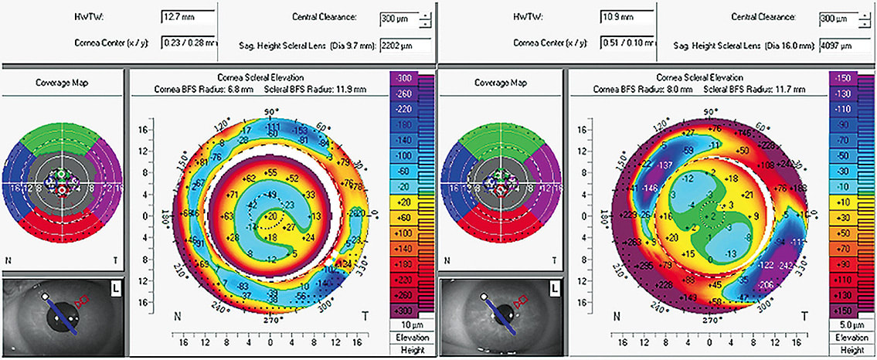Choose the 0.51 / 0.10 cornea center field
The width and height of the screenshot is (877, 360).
click(624, 44)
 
